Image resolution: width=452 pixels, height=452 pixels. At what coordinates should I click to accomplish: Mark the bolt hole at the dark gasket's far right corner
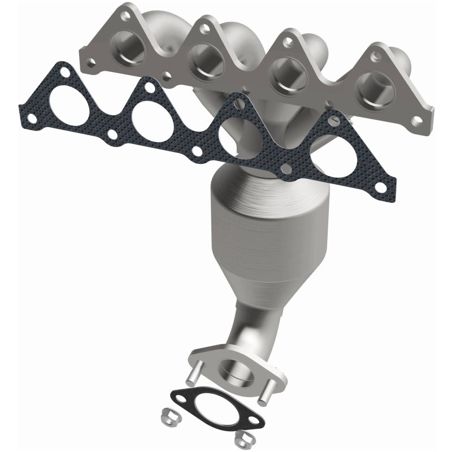point(386,184)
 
